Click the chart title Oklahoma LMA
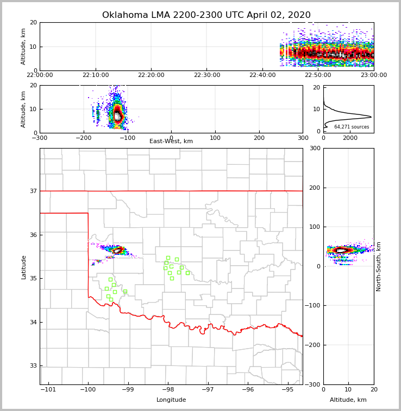coord(206,15)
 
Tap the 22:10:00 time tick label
coord(96,75)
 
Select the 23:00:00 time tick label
coord(373,75)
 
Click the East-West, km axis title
coord(171,142)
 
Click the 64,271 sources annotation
coord(352,127)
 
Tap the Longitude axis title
coord(171,400)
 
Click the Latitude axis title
coord(24,267)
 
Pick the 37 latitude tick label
coord(33,191)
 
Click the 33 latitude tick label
coord(33,366)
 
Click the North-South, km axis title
coord(379,266)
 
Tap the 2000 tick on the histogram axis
coord(350,138)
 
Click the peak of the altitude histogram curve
coord(372,117)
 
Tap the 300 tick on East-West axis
coord(303,138)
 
